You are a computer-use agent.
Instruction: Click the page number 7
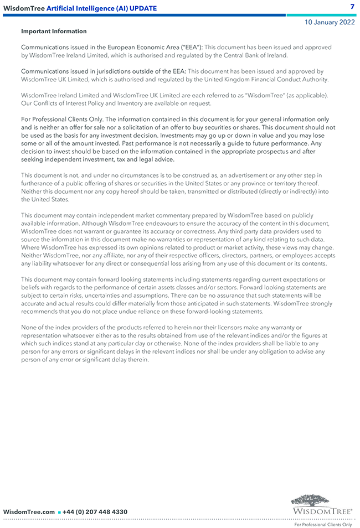[352, 7]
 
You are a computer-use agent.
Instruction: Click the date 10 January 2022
[330, 22]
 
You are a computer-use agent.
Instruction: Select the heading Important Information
[54, 32]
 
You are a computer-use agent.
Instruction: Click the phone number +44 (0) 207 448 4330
[95, 512]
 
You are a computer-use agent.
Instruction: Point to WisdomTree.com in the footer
[29, 512]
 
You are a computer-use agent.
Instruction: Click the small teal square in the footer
[59, 512]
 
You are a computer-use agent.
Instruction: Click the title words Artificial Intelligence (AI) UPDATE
[102, 8]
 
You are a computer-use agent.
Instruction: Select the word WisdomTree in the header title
[24, 8]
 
